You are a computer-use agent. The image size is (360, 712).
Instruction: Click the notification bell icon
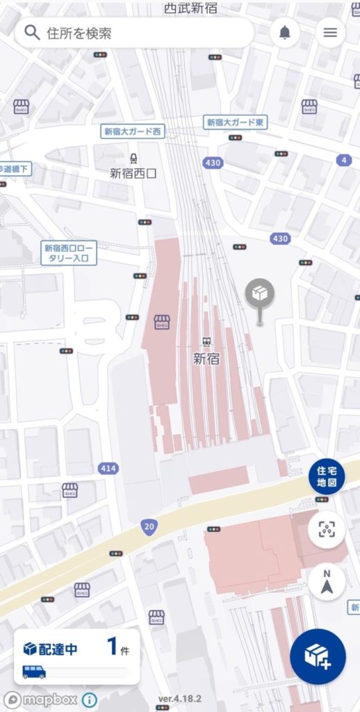[x=285, y=33]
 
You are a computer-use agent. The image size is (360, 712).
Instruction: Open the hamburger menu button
[x=330, y=33]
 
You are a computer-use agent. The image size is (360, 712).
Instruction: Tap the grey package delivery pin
[x=260, y=295]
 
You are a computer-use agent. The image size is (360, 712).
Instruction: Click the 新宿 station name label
[x=206, y=359]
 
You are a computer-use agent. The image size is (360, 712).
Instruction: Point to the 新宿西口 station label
[x=133, y=173]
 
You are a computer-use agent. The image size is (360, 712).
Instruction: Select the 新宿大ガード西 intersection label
[x=132, y=131]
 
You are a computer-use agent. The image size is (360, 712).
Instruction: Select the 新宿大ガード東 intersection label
[x=235, y=122]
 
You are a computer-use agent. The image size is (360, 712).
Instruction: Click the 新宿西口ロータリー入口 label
[x=69, y=252]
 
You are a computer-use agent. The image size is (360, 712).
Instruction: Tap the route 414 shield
[x=108, y=469]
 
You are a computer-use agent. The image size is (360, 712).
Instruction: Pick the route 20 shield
[x=148, y=527]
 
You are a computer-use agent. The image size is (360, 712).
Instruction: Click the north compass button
[x=327, y=582]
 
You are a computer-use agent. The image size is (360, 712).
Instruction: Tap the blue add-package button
[x=318, y=656]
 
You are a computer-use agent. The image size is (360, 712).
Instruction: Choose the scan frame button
[x=327, y=530]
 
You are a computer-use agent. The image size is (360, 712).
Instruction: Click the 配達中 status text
[x=58, y=649]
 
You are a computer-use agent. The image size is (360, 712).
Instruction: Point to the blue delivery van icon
[x=34, y=672]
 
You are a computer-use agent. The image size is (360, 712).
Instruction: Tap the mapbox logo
[x=40, y=699]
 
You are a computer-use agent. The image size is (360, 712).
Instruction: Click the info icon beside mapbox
[x=90, y=699]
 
